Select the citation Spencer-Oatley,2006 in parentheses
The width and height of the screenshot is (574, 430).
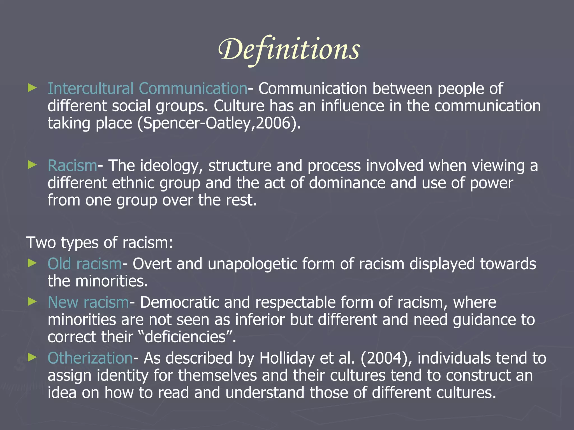point(219,123)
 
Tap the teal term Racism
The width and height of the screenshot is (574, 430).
point(72,165)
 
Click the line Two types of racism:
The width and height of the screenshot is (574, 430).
point(99,242)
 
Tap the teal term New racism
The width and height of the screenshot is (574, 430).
point(88,302)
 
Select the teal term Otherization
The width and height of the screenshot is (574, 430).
point(90,358)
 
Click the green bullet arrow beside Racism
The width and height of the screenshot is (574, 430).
point(32,165)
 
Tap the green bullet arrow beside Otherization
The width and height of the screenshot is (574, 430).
point(32,357)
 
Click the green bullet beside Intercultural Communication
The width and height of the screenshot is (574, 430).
point(32,88)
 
